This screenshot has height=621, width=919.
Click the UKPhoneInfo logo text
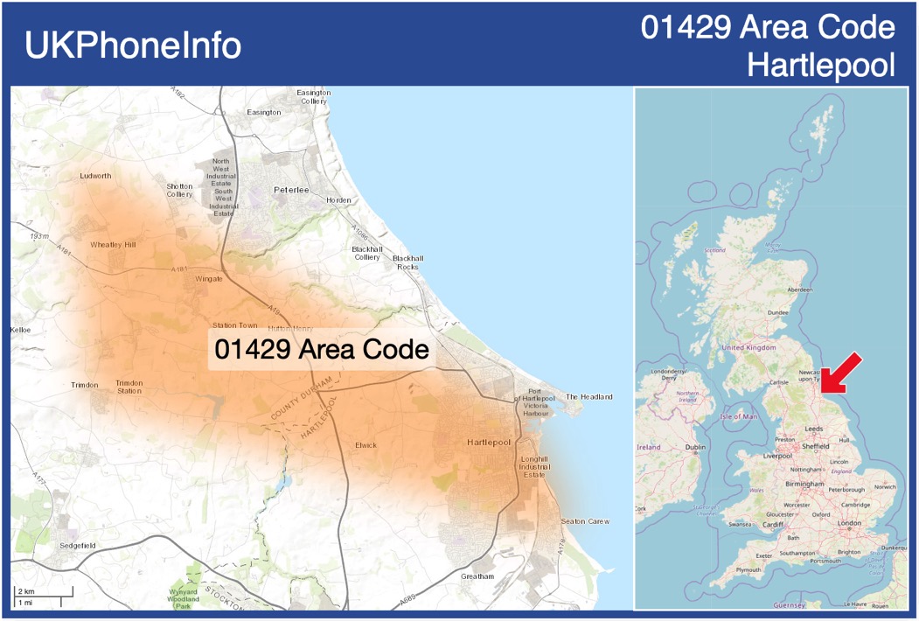point(133,45)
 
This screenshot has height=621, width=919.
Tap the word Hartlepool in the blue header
point(822,65)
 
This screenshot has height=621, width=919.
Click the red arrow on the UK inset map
point(841,373)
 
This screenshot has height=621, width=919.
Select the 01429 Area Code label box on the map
point(322,350)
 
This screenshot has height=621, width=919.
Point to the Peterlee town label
point(291,190)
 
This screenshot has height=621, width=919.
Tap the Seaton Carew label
point(585,521)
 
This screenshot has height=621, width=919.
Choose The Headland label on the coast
point(589,396)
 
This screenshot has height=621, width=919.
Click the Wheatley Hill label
point(113,245)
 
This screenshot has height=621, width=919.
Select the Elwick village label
point(366,445)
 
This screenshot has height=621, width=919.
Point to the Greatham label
point(477,576)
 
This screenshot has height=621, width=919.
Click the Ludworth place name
point(95,176)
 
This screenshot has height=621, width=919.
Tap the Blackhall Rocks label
point(407,262)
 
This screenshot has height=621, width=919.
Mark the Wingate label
point(209,279)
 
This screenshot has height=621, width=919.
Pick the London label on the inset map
point(850,523)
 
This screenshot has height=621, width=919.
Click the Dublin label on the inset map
point(696,448)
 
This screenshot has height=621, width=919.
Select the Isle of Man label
point(739,416)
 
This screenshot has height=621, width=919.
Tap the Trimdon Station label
point(129,387)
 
